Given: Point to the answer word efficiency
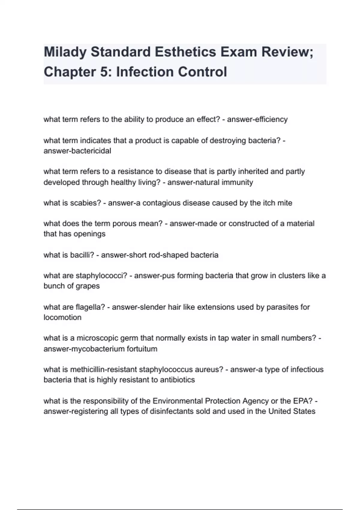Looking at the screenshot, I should (271, 119).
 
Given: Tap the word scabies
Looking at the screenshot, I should (85, 203).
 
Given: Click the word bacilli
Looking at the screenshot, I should (82, 255).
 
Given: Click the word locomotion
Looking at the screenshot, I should (62, 317).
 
